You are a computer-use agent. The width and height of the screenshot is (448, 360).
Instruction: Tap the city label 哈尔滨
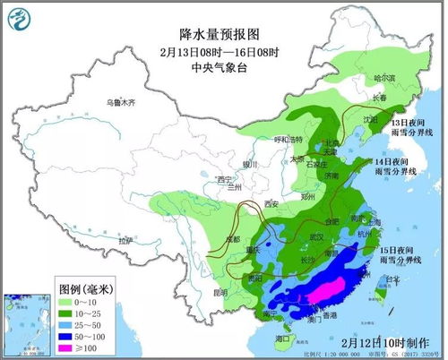tap(383, 79)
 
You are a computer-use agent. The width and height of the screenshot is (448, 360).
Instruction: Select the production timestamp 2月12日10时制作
tap(386, 343)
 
